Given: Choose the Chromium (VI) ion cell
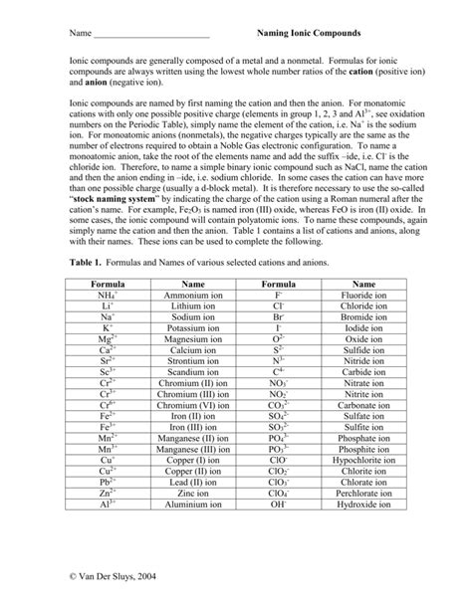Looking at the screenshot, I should point(192,406).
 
